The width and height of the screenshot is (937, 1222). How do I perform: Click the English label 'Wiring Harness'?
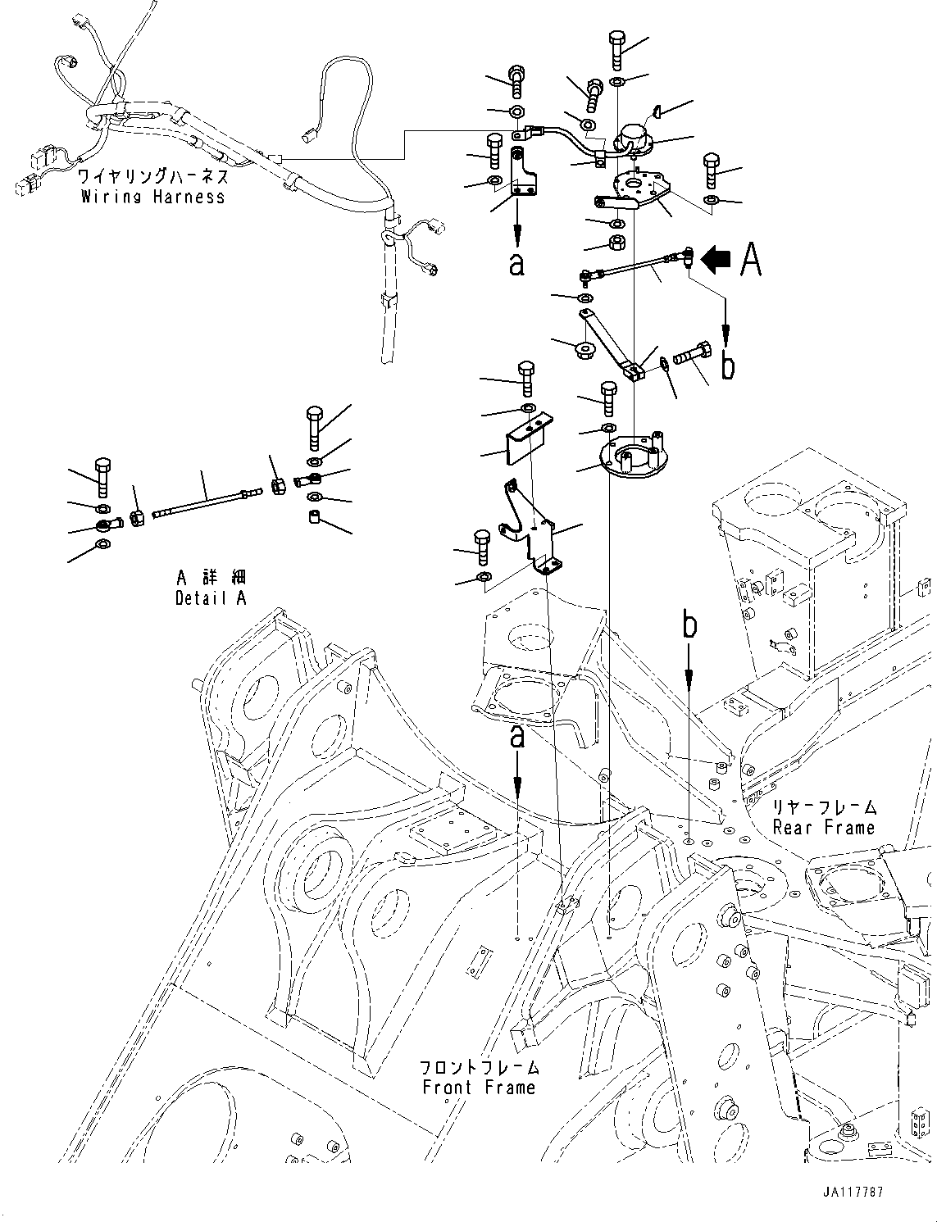click(152, 197)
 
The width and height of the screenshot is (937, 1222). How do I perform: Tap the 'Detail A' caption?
click(210, 598)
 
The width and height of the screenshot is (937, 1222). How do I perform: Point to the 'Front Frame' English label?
click(479, 1088)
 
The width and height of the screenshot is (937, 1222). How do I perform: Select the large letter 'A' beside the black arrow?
click(751, 260)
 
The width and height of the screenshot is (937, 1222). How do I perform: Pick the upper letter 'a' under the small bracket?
click(516, 264)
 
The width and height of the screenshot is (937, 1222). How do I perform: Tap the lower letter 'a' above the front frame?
click(517, 736)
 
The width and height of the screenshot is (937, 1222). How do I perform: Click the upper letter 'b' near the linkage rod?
click(727, 366)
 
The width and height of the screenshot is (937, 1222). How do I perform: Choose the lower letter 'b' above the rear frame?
click(690, 625)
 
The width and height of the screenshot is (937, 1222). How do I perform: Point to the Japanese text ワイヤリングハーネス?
click(152, 176)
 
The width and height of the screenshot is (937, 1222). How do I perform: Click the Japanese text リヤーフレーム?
click(824, 807)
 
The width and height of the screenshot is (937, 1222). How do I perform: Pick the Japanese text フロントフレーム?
click(479, 1068)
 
